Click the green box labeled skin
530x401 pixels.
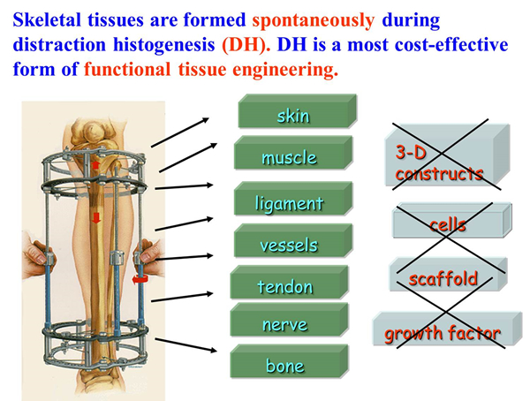[298, 111]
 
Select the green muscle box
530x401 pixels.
[293, 153]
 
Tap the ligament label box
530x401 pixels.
[293, 199]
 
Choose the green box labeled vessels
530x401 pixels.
[293, 241]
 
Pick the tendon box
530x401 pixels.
[290, 283]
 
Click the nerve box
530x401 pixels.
[290, 320]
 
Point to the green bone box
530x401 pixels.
[290, 361]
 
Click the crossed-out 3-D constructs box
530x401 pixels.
[448, 155]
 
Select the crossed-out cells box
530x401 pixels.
[452, 221]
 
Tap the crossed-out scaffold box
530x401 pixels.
[449, 275]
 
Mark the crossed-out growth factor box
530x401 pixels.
[448, 329]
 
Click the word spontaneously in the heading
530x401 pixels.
[314, 21]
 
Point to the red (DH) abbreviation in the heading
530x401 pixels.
[244, 45]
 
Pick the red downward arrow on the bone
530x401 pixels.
[96, 217]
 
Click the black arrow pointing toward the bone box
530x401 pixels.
[185, 345]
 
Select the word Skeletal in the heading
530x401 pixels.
[47, 19]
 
